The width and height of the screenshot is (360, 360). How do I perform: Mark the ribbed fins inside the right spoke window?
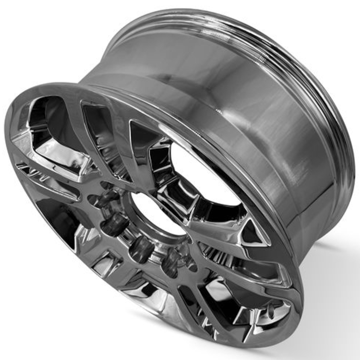pyautogui.click(x=216, y=250)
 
